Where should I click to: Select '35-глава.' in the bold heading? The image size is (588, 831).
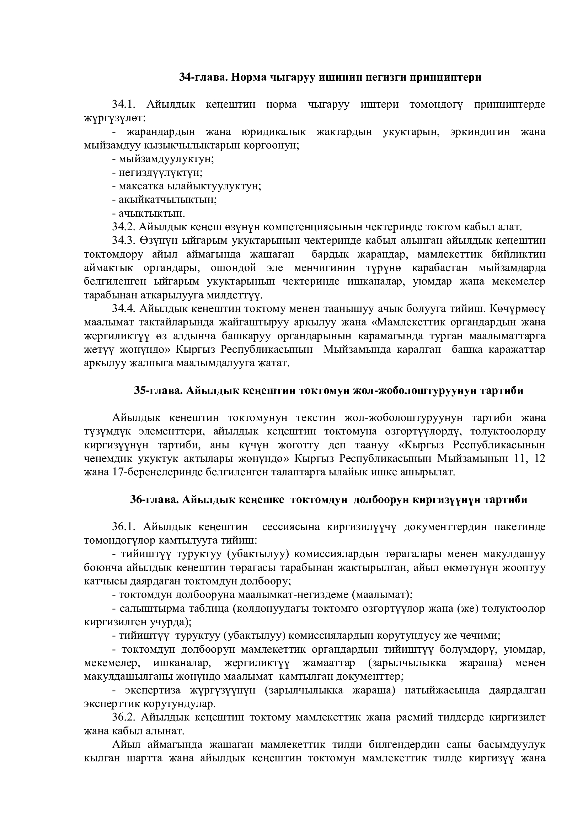click(158, 391)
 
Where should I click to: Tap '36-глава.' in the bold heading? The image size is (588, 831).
click(154, 500)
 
